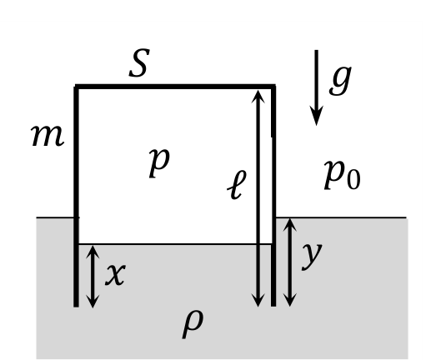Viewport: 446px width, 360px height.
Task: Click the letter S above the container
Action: pos(139,63)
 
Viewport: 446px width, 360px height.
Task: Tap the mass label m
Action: pos(48,136)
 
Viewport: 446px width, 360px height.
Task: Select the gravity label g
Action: pos(340,81)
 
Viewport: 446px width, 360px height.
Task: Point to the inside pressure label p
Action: pos(159,163)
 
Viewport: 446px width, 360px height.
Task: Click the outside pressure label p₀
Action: pos(343,174)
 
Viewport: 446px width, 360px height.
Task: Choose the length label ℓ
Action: pos(237,185)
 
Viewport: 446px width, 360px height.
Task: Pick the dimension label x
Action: pos(115,274)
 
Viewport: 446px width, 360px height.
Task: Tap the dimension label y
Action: pos(312,256)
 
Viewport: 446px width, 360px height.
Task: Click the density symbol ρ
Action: pos(193,324)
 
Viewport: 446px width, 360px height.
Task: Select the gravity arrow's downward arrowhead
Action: pos(316,116)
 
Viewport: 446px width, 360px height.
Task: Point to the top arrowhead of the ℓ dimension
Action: pos(258,97)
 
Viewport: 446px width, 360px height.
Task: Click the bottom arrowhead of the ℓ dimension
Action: pos(258,300)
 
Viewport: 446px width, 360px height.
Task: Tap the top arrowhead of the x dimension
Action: pos(93,252)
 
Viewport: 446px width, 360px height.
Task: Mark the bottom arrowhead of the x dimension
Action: pos(93,301)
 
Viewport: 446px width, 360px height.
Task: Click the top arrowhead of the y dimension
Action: pos(290,225)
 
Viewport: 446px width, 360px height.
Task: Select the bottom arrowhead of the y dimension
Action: pos(290,300)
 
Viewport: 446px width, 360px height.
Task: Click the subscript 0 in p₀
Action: pos(353,180)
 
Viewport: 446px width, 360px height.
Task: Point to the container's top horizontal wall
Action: pos(175,86)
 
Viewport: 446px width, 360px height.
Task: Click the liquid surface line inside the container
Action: pos(175,243)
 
